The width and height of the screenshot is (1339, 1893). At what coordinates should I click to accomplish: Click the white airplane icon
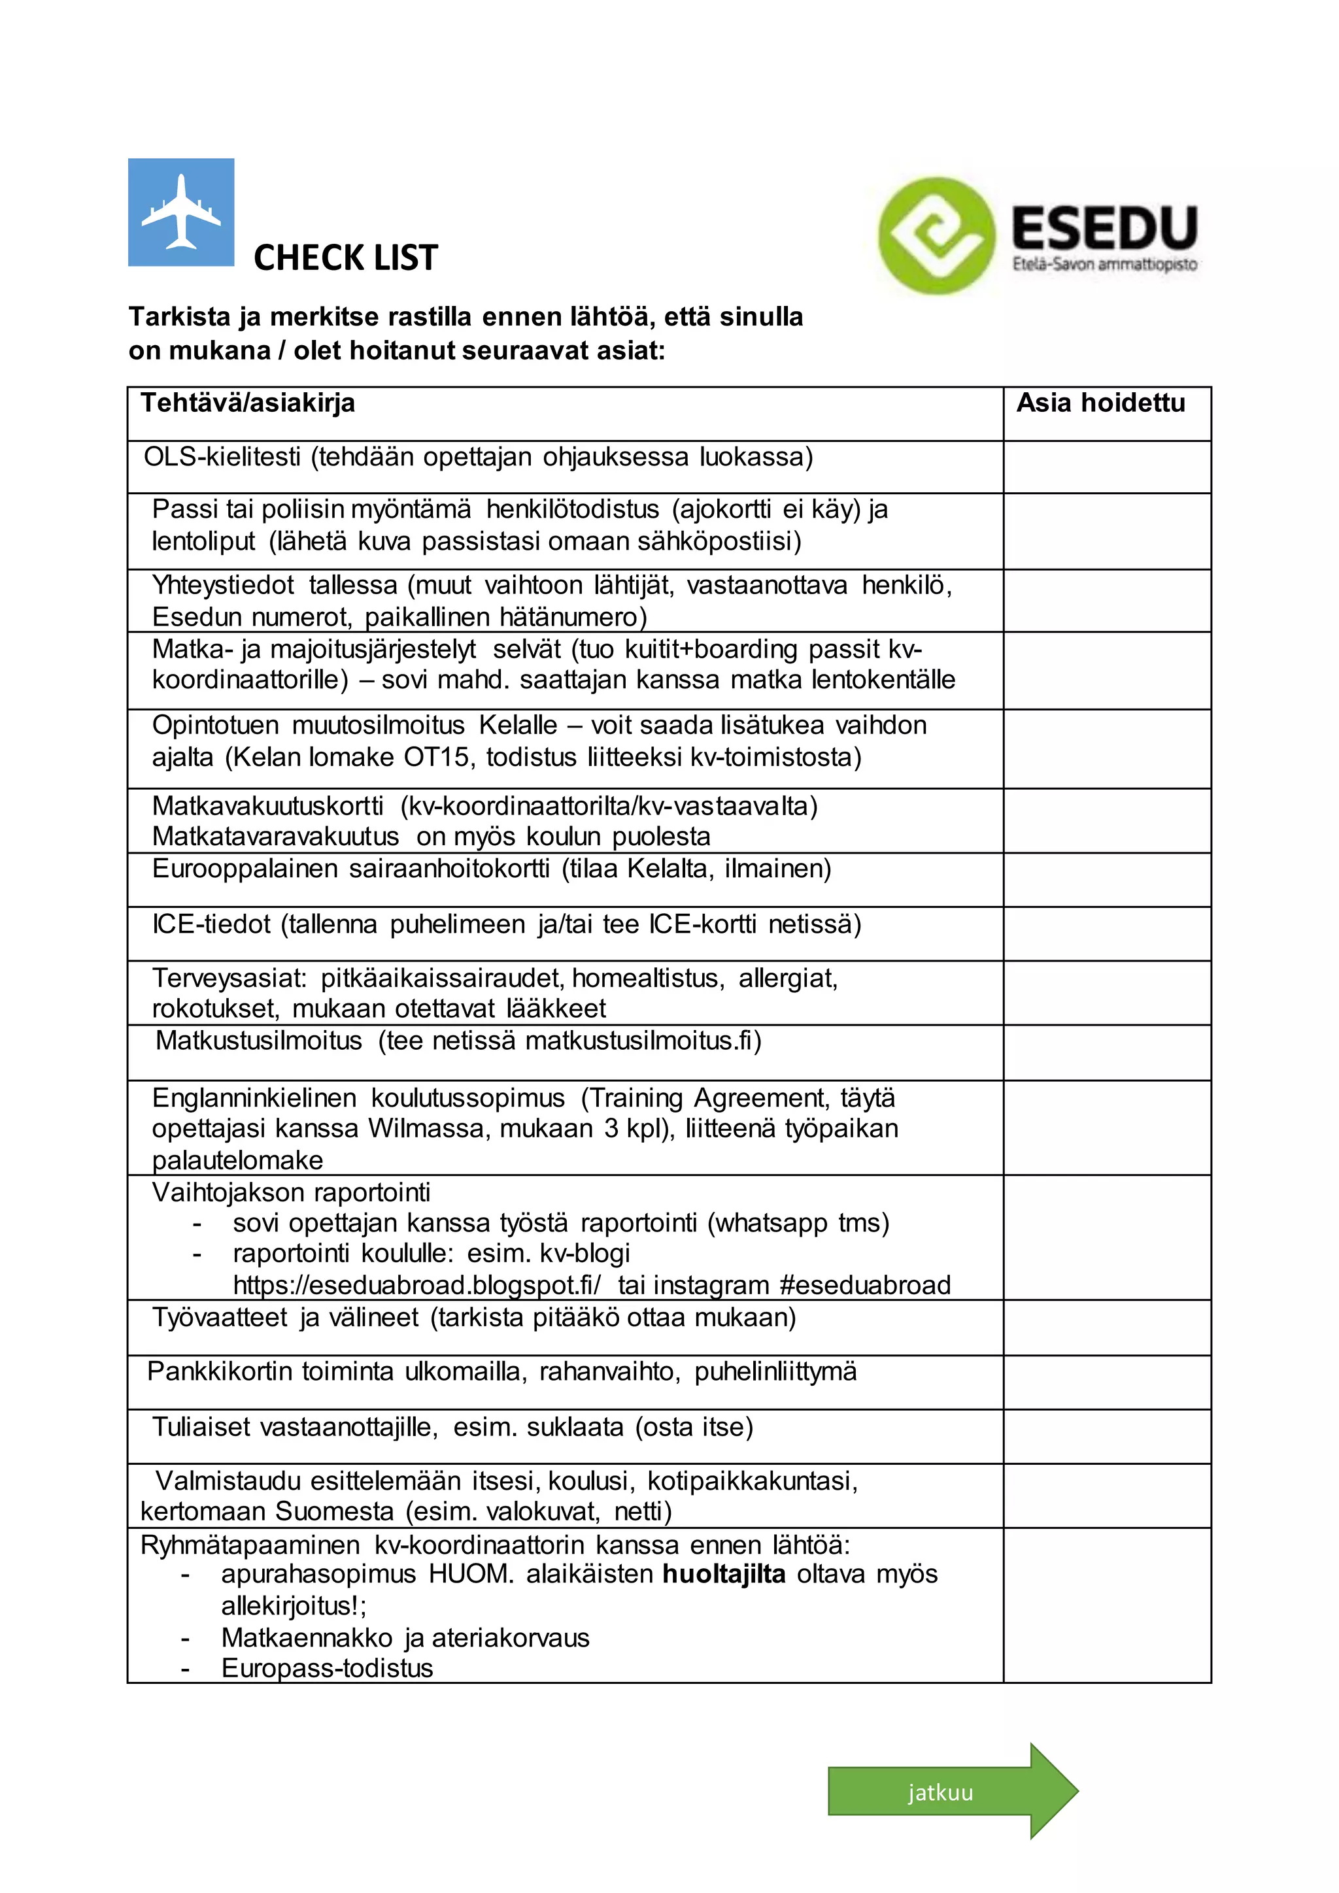(180, 212)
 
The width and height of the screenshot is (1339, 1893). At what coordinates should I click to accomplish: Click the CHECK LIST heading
(345, 258)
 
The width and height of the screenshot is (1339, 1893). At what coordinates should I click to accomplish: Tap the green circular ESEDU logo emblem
(935, 236)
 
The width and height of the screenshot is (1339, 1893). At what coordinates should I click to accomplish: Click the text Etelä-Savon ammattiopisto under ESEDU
(1104, 265)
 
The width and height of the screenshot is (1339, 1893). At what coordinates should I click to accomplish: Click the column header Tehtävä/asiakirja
(247, 403)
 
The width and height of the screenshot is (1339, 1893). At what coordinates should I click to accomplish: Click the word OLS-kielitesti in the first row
(222, 457)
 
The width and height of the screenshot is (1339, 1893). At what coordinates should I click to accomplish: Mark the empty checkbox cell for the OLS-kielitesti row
(1106, 467)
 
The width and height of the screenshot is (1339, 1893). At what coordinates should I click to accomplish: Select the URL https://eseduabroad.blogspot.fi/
(416, 1284)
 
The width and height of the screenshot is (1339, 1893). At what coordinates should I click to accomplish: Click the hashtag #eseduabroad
(865, 1284)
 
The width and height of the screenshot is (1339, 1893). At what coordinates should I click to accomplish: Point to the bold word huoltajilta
(724, 1574)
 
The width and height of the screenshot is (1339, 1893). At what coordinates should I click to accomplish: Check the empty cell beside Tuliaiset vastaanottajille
(1106, 1436)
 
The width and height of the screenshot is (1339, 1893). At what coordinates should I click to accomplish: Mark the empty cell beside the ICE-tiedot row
(1106, 933)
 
